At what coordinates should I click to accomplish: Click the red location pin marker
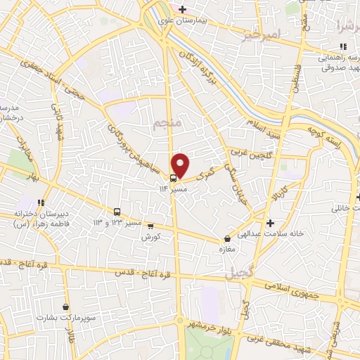[x=181, y=165]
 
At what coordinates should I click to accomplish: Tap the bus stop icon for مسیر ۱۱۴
[x=174, y=177]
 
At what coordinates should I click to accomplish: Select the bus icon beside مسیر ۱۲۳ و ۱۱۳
[x=117, y=212]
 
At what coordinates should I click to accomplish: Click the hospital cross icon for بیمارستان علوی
[x=182, y=9]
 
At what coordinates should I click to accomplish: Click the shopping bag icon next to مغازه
[x=226, y=238]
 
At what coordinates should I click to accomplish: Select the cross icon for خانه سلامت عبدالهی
[x=271, y=223]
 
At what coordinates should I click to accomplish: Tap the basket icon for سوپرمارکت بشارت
[x=66, y=307]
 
